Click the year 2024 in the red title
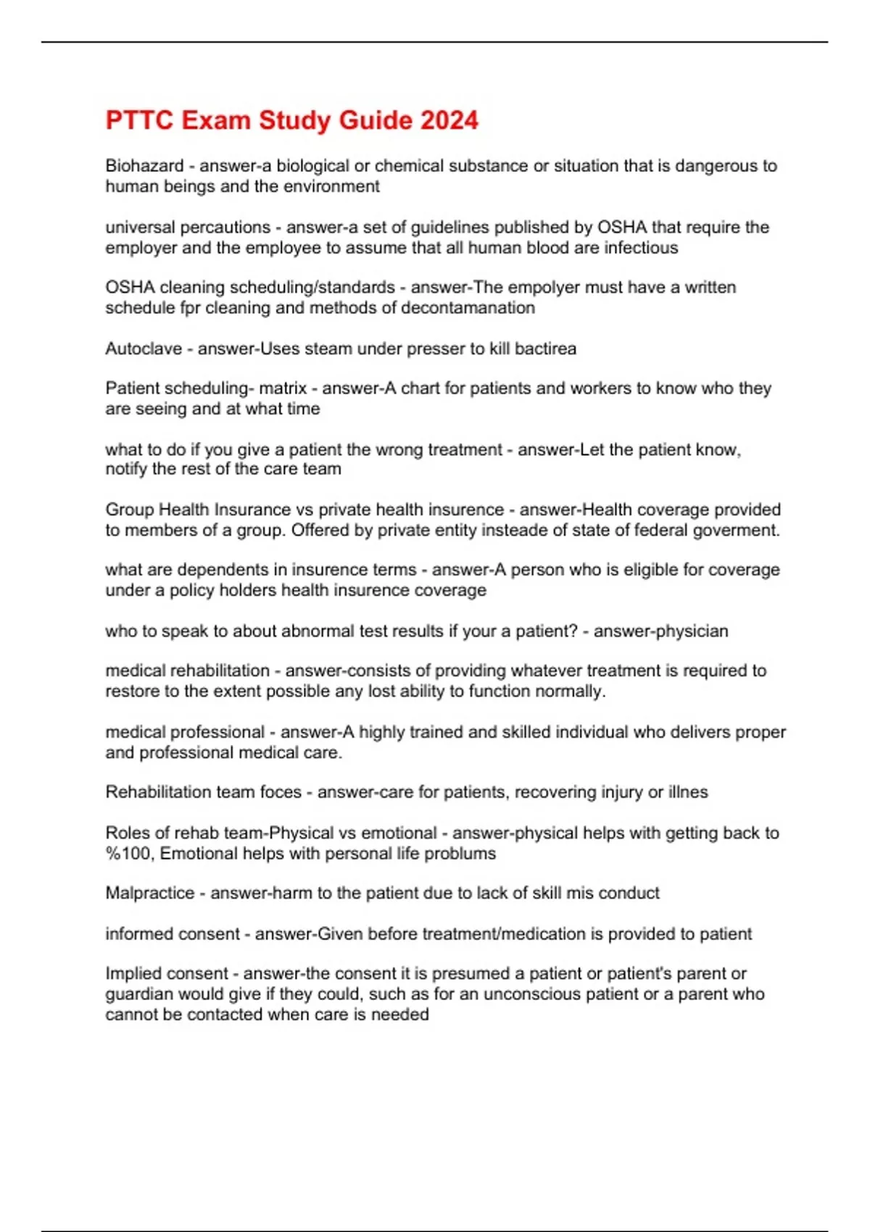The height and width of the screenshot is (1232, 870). click(449, 120)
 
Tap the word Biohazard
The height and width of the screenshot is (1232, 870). click(144, 166)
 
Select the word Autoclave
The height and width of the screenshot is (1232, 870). click(144, 349)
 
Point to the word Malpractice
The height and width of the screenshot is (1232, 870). click(150, 893)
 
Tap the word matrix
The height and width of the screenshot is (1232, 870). click(283, 388)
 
